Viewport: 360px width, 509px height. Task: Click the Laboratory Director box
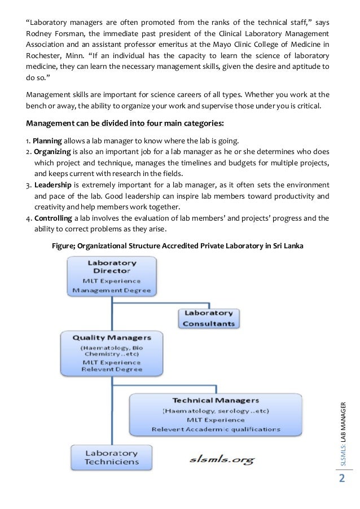[x=111, y=277]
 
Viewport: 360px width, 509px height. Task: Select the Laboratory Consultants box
[x=208, y=318]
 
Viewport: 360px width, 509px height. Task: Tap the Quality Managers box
[x=111, y=352]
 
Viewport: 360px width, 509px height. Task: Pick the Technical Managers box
[x=216, y=414]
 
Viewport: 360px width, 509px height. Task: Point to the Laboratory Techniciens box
[x=111, y=457]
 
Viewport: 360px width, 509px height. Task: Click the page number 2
[x=341, y=479]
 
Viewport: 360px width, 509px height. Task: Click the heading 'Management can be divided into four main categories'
[x=125, y=124]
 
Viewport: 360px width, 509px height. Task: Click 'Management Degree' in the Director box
[x=111, y=290]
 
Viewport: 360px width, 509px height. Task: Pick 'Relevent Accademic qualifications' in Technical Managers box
[x=216, y=429]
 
